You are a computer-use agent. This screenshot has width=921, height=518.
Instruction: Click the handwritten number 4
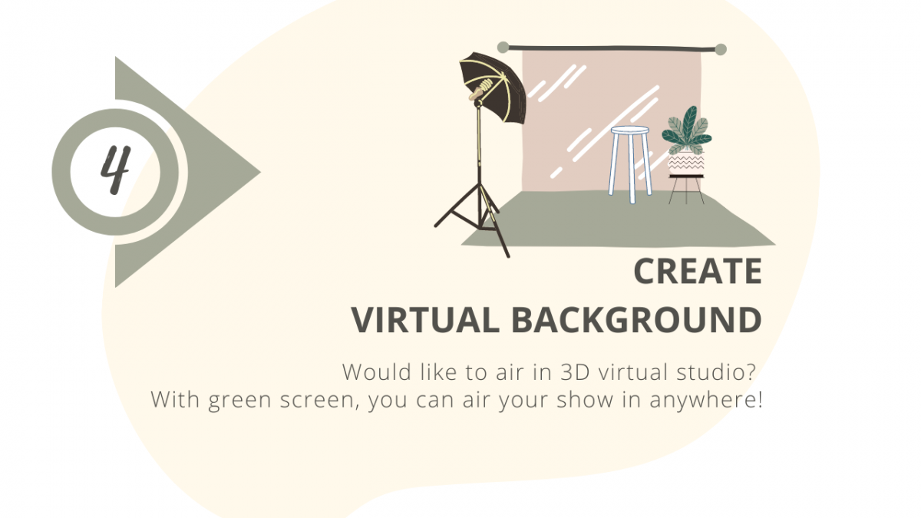click(x=116, y=170)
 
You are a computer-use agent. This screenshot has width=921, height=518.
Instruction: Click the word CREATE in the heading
click(x=698, y=272)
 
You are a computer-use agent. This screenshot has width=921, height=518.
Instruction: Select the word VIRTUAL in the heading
click(x=425, y=320)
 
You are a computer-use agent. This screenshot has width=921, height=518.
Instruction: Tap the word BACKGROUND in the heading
click(x=637, y=320)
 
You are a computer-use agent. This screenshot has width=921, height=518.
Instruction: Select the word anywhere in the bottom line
click(x=701, y=401)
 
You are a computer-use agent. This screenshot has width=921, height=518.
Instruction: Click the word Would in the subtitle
click(x=377, y=372)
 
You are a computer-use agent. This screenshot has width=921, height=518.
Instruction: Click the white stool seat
click(x=629, y=130)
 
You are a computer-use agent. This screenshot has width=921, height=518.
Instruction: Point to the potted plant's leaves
click(x=687, y=130)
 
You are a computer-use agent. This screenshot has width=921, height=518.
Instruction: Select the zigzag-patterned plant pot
click(x=686, y=163)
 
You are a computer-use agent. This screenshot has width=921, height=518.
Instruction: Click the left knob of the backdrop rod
click(x=503, y=48)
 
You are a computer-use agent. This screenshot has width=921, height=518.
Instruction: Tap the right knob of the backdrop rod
click(x=721, y=49)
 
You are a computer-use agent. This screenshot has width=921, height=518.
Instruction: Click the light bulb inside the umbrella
click(x=485, y=86)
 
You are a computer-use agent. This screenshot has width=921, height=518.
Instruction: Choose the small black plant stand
click(x=686, y=190)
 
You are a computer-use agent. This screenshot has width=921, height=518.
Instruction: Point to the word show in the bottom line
click(x=585, y=400)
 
